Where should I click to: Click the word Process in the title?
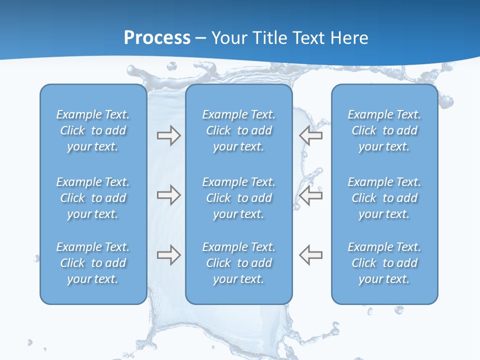(157, 38)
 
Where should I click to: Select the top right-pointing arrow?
(168, 135)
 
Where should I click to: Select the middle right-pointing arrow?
(168, 195)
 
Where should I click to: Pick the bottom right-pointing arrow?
(168, 255)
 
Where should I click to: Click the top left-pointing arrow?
(311, 135)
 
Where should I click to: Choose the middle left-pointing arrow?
(311, 195)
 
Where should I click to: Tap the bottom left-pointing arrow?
(311, 255)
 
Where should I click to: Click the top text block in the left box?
(93, 130)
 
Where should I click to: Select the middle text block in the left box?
(93, 198)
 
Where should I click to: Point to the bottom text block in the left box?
(93, 263)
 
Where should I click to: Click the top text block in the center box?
(238, 130)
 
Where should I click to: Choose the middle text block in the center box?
(238, 198)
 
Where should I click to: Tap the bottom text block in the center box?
(238, 263)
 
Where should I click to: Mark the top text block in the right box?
(384, 130)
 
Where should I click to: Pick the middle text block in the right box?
(384, 198)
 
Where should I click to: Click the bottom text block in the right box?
(384, 263)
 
